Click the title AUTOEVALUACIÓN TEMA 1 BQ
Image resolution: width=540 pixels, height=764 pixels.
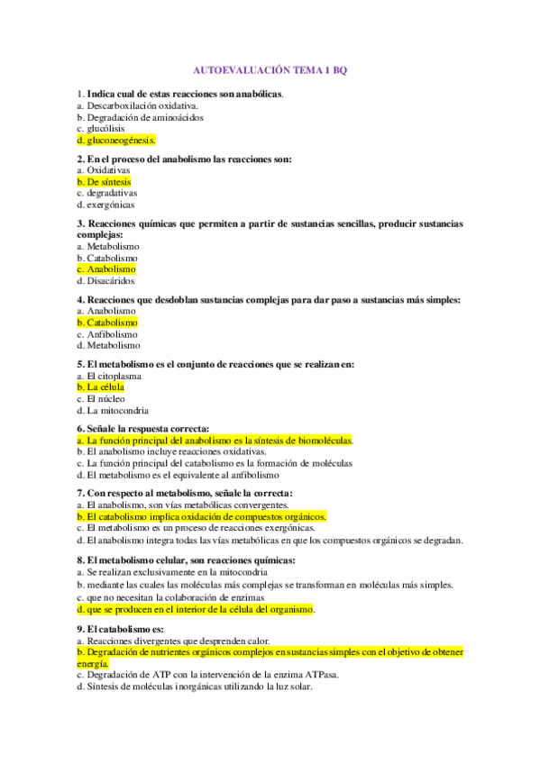(270, 69)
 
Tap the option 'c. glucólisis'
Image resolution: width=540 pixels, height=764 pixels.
(101, 129)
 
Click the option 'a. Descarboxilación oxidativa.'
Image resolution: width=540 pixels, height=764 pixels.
(137, 105)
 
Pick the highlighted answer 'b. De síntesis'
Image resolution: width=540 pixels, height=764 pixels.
(105, 181)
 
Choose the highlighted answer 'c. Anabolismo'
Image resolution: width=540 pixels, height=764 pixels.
(106, 269)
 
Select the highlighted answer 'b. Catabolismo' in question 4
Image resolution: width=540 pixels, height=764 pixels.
(108, 322)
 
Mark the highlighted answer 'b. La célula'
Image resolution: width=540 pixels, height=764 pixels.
(100, 387)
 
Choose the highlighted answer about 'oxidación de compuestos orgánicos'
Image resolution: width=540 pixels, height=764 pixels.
(202, 517)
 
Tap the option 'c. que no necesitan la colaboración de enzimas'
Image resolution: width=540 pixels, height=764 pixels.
(170, 597)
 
